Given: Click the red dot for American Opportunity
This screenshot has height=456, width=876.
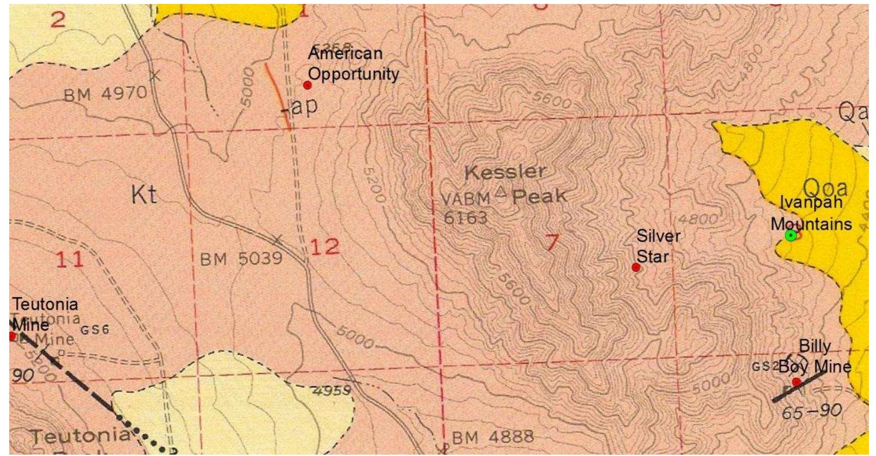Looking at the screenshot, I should pyautogui.click(x=308, y=85).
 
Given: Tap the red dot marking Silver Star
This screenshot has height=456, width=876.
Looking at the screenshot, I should pyautogui.click(x=636, y=267).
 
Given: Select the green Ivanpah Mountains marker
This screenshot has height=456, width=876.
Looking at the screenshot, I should pyautogui.click(x=791, y=235).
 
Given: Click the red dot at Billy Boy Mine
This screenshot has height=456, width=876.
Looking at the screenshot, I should pyautogui.click(x=797, y=382).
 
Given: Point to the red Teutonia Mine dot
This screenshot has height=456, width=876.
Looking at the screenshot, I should pyautogui.click(x=12, y=336).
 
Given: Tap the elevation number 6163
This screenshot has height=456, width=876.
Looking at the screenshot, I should pyautogui.click(x=465, y=217).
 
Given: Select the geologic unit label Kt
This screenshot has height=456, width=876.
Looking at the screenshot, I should pyautogui.click(x=144, y=194).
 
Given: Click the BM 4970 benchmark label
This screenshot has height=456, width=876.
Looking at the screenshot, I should pyautogui.click(x=105, y=93).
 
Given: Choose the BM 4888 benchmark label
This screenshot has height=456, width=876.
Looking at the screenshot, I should pyautogui.click(x=493, y=437).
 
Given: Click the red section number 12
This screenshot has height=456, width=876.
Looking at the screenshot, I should pyautogui.click(x=325, y=247).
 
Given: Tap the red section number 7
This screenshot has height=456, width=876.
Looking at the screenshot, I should pyautogui.click(x=552, y=242).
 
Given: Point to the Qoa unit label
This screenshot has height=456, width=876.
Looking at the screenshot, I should pyautogui.click(x=826, y=189).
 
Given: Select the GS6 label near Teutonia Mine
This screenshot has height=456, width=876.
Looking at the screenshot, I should pyautogui.click(x=95, y=329).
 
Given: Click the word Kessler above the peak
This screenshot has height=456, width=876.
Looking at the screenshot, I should pyautogui.click(x=505, y=172).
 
